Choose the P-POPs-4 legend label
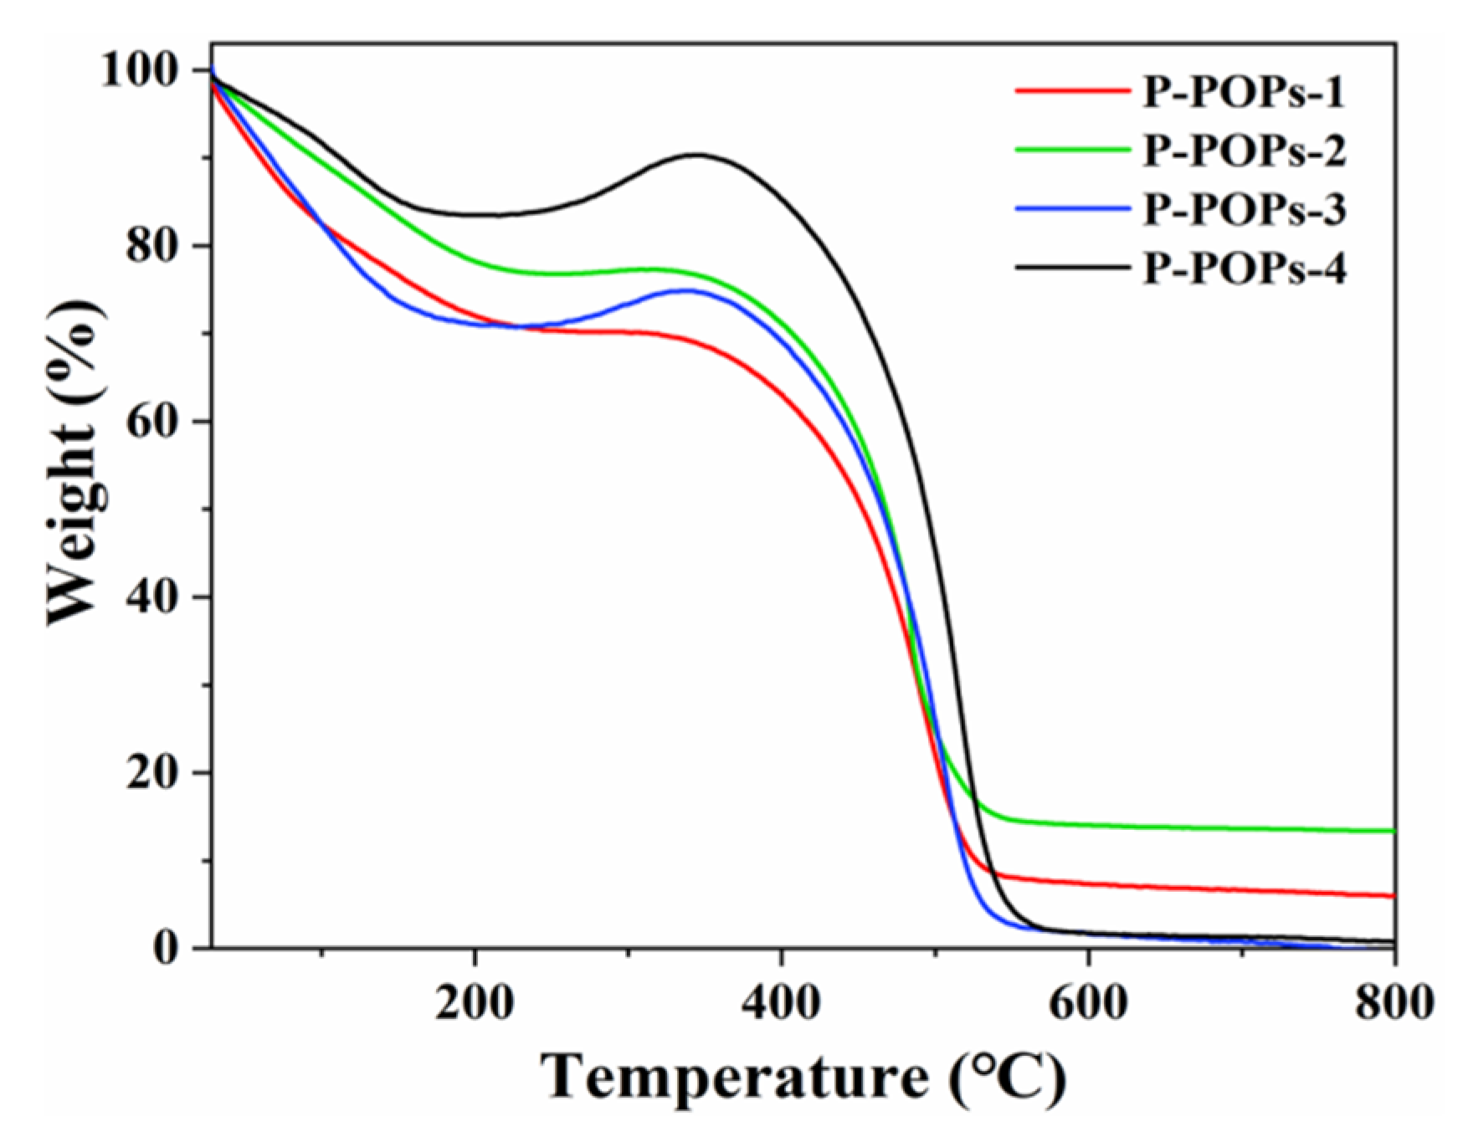[x=1245, y=269]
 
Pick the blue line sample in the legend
[x=1072, y=207]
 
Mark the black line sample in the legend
[x=1072, y=267]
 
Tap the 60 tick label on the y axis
[x=157, y=422]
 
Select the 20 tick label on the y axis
[x=157, y=773]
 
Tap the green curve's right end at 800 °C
[x=1393, y=831]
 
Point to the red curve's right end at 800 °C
[x=1393, y=896]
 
